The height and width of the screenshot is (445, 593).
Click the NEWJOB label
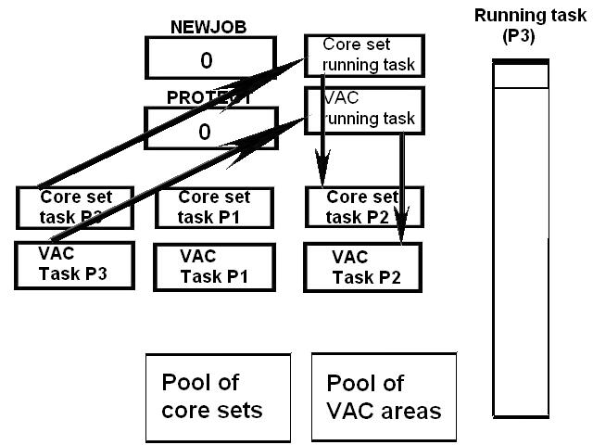pos(205,28)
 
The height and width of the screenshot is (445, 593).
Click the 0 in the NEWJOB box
pos(206,60)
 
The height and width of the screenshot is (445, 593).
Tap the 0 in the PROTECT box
pos(206,131)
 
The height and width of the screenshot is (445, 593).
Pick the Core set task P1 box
pos(214,206)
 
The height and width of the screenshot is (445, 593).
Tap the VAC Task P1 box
pos(214,267)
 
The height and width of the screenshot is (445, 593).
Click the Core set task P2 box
pos(363,206)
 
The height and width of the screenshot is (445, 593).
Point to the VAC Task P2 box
pos(363,267)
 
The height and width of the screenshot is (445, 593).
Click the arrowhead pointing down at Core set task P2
pos(322,181)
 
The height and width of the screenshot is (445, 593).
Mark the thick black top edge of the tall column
pos(520,62)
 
